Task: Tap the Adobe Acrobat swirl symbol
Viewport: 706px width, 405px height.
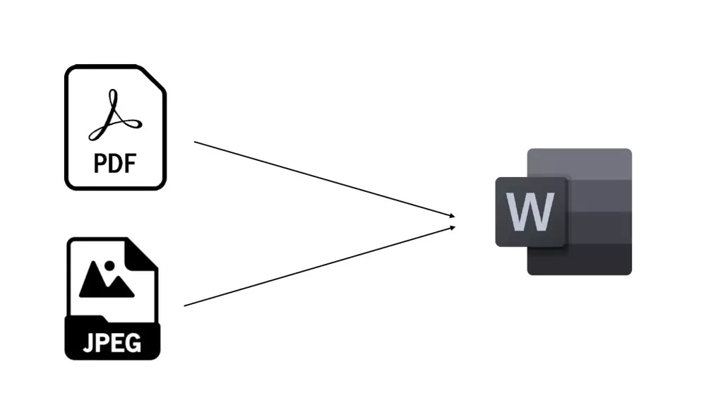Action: click(x=114, y=116)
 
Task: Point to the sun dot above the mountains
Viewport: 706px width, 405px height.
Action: click(x=109, y=267)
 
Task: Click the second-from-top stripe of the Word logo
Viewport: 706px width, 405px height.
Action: click(x=600, y=196)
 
